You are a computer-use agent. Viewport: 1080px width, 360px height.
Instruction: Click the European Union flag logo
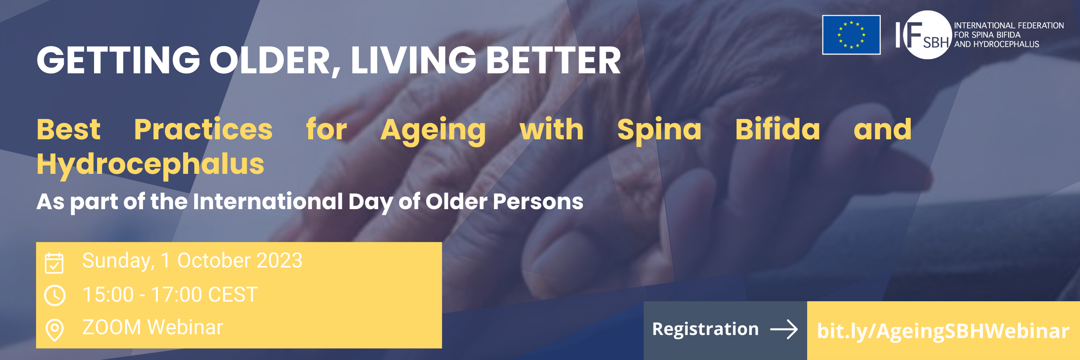coord(851,35)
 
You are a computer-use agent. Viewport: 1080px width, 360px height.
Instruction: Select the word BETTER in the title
coord(553,61)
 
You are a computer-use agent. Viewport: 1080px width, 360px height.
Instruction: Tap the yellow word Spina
coord(659,130)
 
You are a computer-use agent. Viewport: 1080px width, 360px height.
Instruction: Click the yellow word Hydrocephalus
coord(150,164)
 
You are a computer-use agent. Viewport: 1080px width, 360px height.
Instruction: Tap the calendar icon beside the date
coord(54,263)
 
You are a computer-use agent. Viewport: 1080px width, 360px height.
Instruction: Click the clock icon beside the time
coord(55,295)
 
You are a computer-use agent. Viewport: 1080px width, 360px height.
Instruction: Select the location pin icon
coord(55,330)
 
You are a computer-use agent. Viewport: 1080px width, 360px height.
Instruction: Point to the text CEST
coord(233,295)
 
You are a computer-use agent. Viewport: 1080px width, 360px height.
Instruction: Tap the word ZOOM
coord(111,327)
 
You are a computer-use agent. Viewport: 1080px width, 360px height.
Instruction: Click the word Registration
coord(705,329)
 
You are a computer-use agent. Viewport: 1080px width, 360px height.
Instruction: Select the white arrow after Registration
coord(784,329)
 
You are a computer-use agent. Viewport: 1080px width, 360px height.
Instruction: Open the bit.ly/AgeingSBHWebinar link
coord(943,331)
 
